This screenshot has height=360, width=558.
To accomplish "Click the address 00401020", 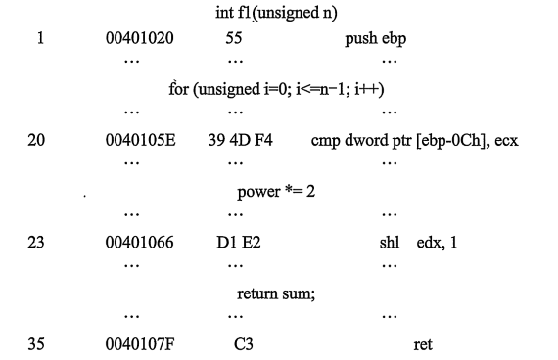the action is coord(139,38).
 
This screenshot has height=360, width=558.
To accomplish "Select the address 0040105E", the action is coord(141,140).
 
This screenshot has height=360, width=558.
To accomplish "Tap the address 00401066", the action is coord(139,243).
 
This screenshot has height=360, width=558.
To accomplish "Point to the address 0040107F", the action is coord(140,344).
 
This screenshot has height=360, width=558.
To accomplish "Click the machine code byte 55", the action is coord(234,38).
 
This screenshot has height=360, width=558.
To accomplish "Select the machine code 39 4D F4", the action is coord(240,140).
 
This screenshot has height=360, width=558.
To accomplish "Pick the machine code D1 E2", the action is coord(239,243).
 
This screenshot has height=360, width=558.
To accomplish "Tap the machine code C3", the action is coord(244,344).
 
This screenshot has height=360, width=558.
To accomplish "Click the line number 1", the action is coord(40,38).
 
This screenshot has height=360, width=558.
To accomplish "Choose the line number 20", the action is coord(36,140).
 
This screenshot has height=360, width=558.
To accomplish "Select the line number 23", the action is coord(36,243).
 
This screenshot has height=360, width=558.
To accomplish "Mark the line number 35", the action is coord(36,344).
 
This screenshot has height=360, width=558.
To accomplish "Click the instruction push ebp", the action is coord(376,39).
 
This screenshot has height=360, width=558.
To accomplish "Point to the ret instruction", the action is coord(423,345).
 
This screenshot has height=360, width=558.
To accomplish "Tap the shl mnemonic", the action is coord(390,243).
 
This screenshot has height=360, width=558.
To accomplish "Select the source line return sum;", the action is coord(276,294).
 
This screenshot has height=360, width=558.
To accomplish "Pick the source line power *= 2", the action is coord(276,192).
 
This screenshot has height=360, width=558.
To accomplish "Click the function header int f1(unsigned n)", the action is coord(276,13).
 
